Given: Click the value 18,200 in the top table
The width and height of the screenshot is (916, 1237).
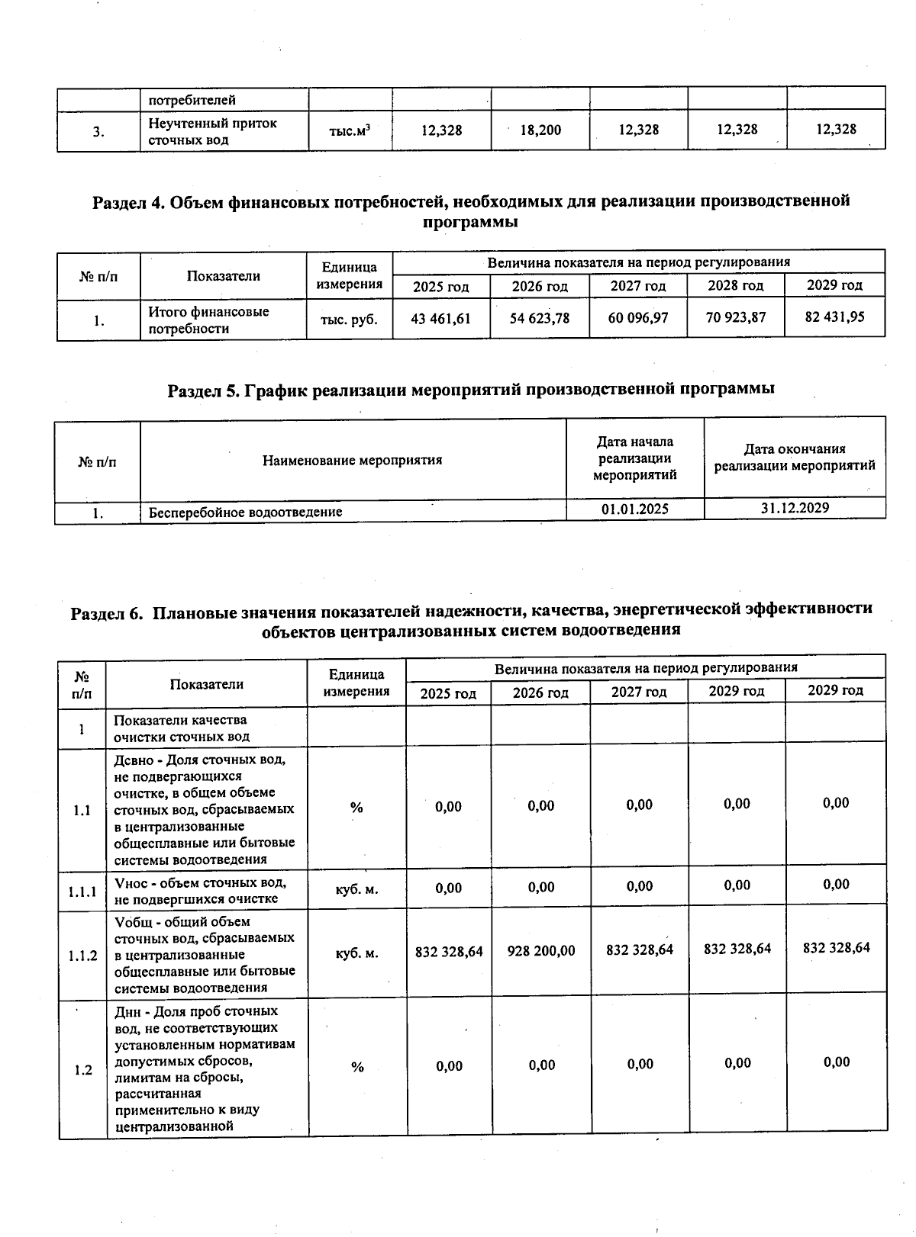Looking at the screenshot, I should [540, 130].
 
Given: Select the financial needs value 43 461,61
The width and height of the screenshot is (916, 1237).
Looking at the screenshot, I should [440, 318].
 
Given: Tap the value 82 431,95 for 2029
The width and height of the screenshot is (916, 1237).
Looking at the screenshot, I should [834, 316].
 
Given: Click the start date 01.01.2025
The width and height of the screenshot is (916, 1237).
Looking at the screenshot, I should [634, 509].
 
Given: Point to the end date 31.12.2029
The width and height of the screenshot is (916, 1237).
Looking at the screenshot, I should [795, 508].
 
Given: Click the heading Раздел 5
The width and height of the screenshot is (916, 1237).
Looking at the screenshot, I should [471, 389].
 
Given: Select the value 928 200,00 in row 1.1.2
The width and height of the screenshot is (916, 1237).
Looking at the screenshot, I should [541, 951].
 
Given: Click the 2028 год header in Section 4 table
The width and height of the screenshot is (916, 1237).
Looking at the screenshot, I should [736, 285].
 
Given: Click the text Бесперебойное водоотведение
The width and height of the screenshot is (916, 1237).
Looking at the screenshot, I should [245, 512].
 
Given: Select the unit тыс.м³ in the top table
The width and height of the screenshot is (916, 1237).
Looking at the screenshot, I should [350, 131].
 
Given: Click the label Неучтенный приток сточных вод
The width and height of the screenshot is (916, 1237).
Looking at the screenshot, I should [212, 131].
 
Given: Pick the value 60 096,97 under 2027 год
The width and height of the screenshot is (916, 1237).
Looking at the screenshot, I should [638, 317].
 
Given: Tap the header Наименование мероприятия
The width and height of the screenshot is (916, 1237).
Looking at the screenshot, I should [353, 460].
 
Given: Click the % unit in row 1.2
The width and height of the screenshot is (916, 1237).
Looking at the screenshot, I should [357, 1067].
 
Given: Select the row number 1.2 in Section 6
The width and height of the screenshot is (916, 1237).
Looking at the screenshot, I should [83, 1070].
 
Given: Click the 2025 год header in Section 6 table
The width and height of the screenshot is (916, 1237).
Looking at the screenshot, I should [448, 692].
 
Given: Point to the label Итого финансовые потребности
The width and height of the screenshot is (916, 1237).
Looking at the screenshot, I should [208, 320].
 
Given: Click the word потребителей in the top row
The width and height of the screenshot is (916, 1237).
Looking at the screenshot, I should [192, 100].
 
